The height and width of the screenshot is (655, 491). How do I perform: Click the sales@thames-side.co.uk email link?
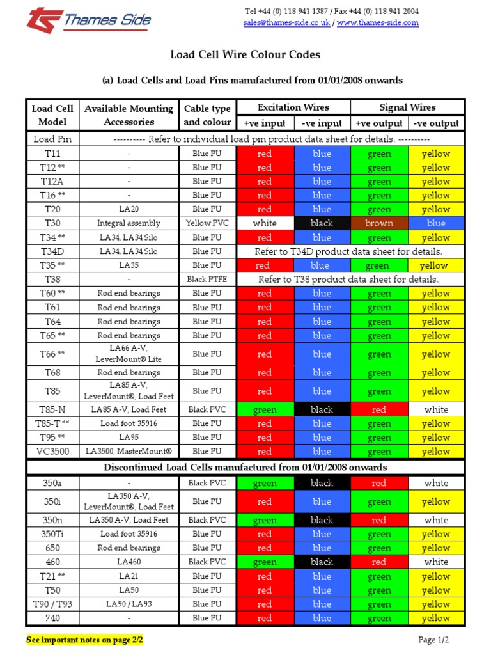click(x=286, y=22)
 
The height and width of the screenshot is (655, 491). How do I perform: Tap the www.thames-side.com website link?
click(x=377, y=22)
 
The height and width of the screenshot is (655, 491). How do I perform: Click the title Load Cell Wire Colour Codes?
click(x=245, y=55)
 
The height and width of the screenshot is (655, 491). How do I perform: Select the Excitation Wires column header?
click(x=293, y=107)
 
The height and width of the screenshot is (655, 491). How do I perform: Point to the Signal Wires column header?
click(x=407, y=107)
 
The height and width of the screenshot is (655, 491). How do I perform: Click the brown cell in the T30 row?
click(x=379, y=223)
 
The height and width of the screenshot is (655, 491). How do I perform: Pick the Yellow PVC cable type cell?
click(x=207, y=223)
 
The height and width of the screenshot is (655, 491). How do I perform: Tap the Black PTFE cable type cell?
click(x=207, y=280)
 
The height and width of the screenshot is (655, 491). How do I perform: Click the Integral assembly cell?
click(x=129, y=223)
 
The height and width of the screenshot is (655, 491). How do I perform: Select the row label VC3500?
click(x=52, y=452)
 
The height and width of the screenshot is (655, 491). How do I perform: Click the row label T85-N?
click(x=52, y=409)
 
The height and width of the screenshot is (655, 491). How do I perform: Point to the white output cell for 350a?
click(x=436, y=484)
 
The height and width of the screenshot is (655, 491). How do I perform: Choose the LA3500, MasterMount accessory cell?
click(x=129, y=452)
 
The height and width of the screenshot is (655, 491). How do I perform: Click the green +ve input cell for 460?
click(x=265, y=562)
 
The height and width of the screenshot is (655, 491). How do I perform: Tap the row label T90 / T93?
click(x=52, y=604)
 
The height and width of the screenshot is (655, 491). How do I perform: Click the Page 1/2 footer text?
click(x=434, y=640)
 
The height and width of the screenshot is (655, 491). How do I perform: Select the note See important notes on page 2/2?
click(x=84, y=640)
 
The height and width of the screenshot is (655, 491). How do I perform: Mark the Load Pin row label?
click(x=52, y=139)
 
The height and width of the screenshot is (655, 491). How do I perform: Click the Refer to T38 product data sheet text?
click(x=348, y=280)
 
